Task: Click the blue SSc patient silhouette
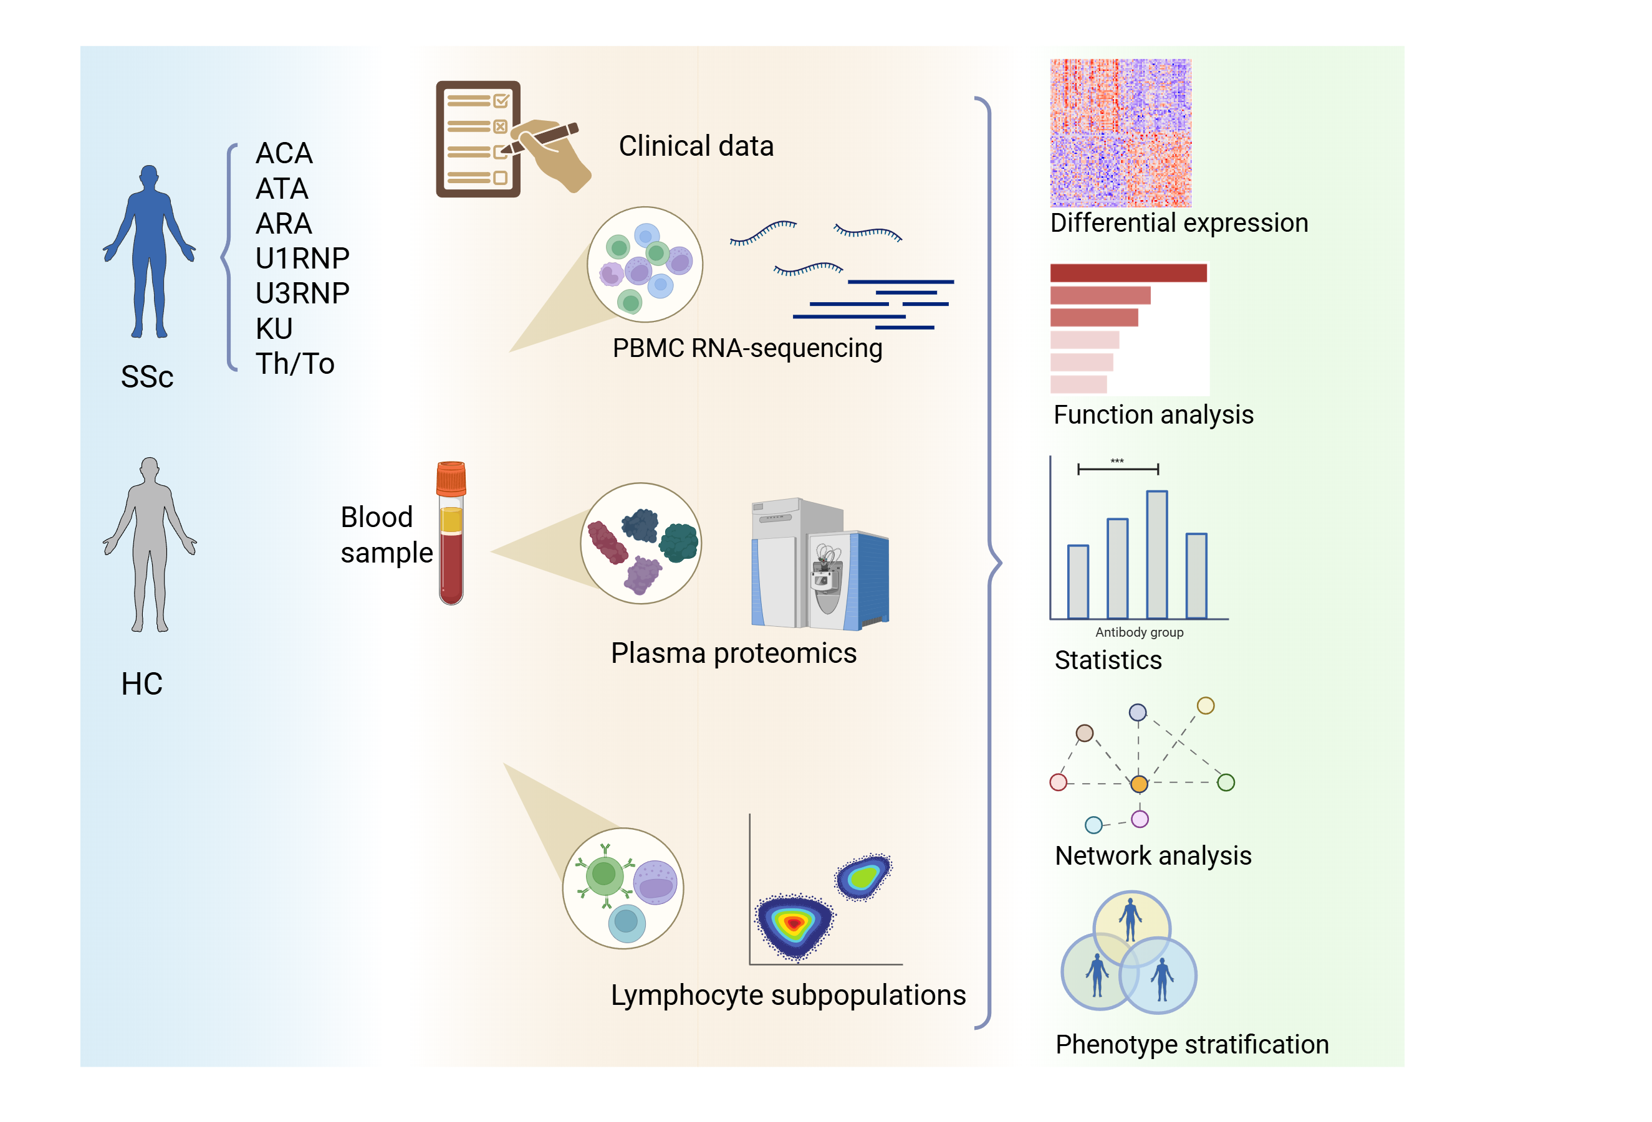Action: click(149, 249)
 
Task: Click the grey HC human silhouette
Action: click(149, 540)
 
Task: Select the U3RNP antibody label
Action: click(302, 293)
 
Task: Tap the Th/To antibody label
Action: click(295, 364)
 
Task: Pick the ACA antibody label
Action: click(284, 153)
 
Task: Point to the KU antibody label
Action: click(274, 328)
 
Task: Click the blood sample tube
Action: click(451, 547)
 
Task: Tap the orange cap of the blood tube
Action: click(451, 478)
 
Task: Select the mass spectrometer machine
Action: click(820, 565)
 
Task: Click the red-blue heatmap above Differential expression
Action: click(1120, 133)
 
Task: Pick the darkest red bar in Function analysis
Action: click(1128, 273)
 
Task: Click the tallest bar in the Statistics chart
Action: click(1156, 554)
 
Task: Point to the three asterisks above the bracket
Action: click(1118, 461)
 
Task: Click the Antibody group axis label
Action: click(1139, 632)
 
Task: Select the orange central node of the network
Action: click(1139, 784)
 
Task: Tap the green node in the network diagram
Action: click(1226, 782)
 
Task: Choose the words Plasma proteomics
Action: click(734, 653)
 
